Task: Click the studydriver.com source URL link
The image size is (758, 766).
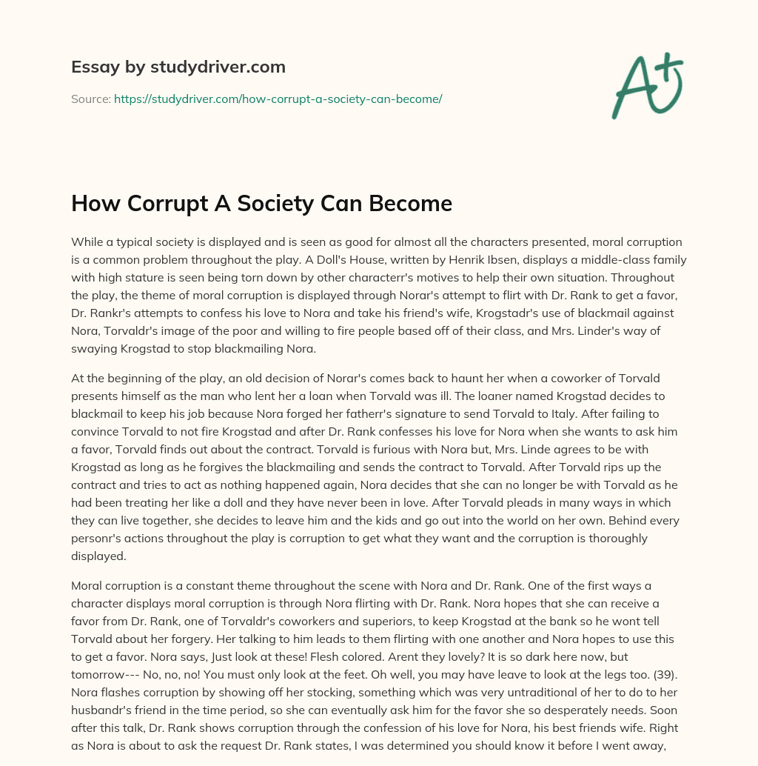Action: pos(278,99)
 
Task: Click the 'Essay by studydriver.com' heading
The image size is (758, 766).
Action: pos(178,67)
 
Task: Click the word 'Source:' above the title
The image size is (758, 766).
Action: pos(91,99)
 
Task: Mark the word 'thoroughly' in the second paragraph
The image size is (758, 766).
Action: pos(614,538)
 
